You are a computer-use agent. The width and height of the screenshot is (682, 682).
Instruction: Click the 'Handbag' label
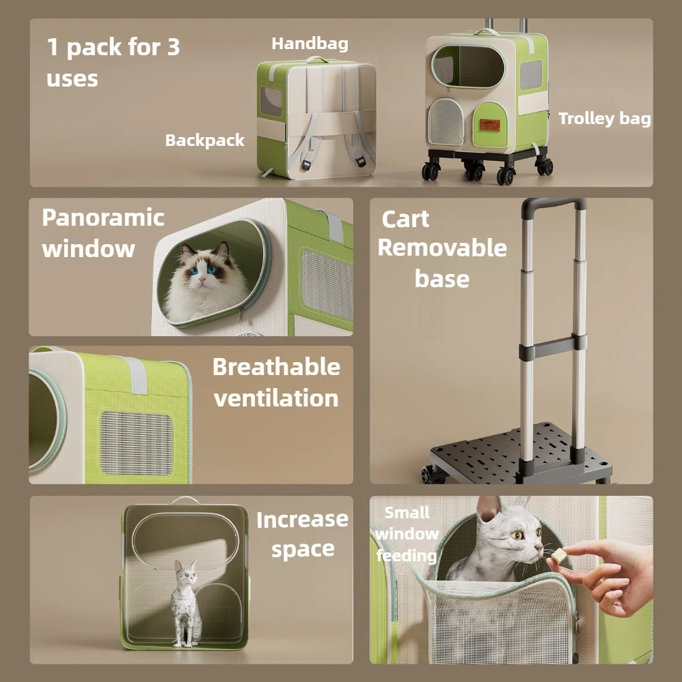tap(310, 44)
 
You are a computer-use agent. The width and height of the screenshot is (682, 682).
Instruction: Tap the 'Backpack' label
tap(205, 140)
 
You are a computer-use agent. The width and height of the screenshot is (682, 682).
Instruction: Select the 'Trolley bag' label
tap(604, 118)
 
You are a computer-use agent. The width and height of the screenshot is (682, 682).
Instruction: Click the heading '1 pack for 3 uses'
tap(113, 62)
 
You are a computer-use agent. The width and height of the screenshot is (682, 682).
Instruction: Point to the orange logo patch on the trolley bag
tap(490, 125)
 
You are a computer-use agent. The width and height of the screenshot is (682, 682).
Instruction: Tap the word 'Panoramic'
tap(103, 218)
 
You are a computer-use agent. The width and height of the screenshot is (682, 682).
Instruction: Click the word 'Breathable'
tap(276, 367)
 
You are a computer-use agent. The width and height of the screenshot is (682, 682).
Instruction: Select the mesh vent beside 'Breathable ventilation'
tap(136, 443)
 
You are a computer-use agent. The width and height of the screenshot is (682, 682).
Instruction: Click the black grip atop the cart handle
tap(554, 203)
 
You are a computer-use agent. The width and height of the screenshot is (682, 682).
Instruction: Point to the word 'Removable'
tap(442, 248)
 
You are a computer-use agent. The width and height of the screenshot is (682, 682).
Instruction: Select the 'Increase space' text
tap(302, 534)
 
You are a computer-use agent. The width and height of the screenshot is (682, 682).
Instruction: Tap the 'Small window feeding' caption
tap(406, 534)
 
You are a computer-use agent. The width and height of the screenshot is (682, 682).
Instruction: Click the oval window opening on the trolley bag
tap(469, 67)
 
